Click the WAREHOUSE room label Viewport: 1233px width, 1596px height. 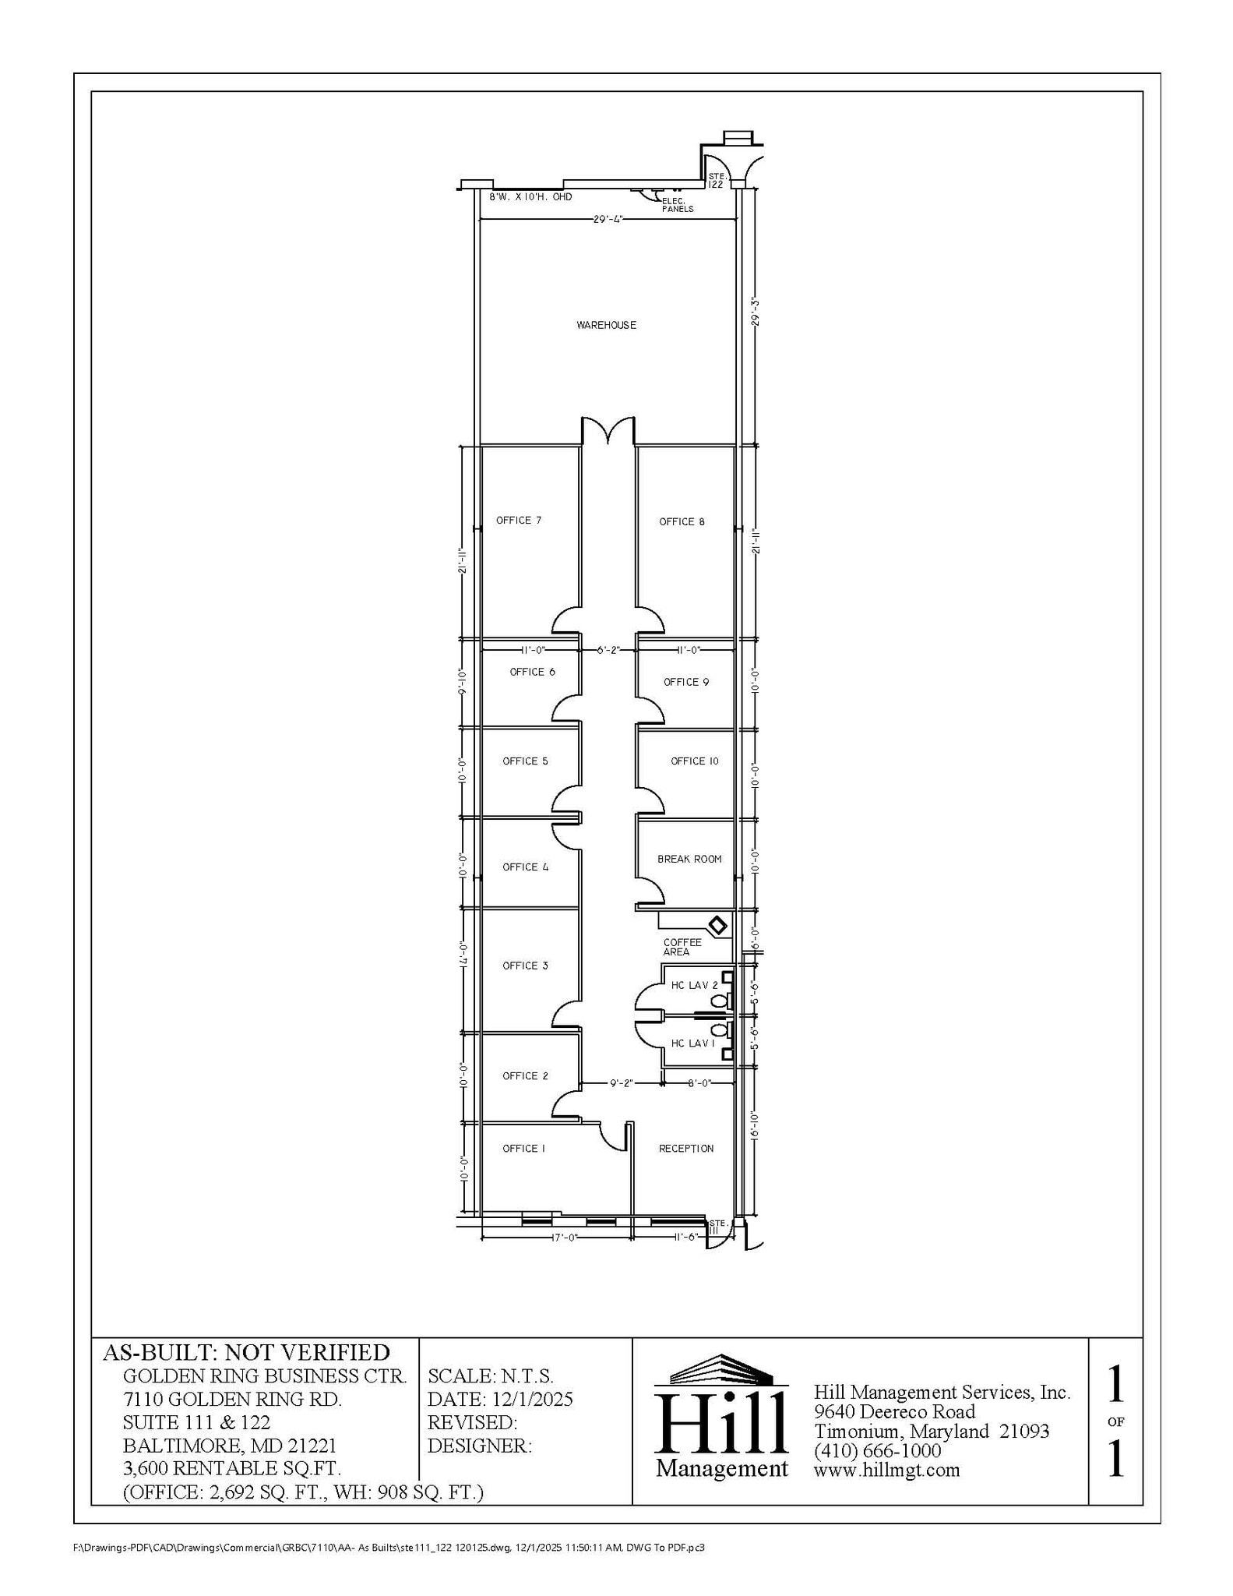[606, 325]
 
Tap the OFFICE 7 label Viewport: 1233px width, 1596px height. [519, 520]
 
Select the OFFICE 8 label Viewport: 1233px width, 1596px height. [682, 521]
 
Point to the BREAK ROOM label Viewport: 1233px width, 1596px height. [689, 859]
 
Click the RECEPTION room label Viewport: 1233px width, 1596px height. [686, 1148]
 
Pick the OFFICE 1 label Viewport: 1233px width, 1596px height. [523, 1148]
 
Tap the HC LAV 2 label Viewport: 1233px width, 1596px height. [694, 985]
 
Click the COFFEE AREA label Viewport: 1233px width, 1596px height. [682, 947]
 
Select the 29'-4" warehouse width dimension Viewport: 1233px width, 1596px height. [608, 220]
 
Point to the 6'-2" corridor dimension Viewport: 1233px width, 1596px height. [608, 649]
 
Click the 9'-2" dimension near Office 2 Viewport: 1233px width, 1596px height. [621, 1082]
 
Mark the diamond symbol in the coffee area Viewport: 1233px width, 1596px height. [717, 926]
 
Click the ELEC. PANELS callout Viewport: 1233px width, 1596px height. [677, 205]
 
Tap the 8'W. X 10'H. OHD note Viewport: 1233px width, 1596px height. [530, 197]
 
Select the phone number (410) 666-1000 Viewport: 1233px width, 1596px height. [877, 1450]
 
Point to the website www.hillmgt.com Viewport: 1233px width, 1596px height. [886, 1470]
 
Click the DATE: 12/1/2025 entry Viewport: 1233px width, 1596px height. [500, 1399]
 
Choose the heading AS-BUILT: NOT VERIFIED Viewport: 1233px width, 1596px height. [246, 1352]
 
